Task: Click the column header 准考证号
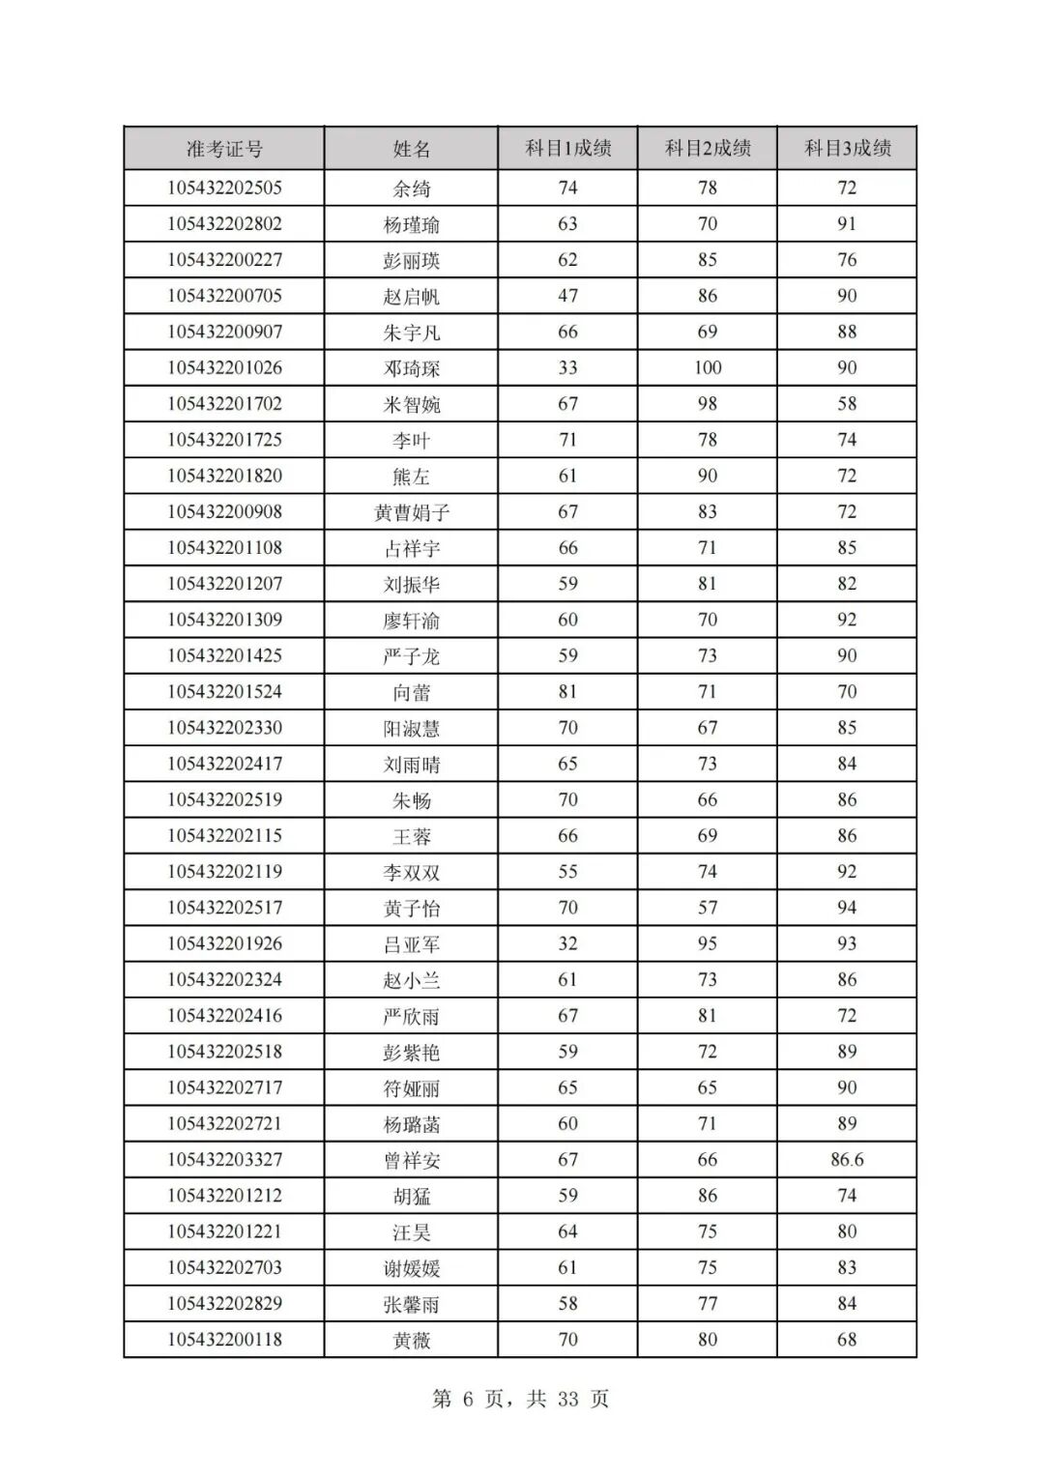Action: click(x=224, y=149)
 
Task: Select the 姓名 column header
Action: click(x=412, y=149)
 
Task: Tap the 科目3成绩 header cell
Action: click(x=848, y=148)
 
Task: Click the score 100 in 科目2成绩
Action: click(x=708, y=367)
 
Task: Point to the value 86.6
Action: click(x=847, y=1159)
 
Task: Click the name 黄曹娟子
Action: click(x=412, y=512)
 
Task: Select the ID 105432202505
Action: click(x=224, y=188)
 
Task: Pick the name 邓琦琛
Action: click(x=412, y=368)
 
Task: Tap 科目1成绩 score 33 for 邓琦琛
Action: click(x=567, y=367)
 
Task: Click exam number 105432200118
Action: click(x=224, y=1339)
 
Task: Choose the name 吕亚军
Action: click(x=412, y=944)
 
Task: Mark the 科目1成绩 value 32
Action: click(x=567, y=943)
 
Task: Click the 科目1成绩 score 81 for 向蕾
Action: click(x=567, y=691)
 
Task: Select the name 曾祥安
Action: click(x=412, y=1160)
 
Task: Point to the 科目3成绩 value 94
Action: click(x=847, y=907)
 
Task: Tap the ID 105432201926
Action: click(x=224, y=943)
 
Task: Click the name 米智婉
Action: click(x=412, y=404)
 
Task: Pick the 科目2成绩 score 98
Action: click(x=708, y=403)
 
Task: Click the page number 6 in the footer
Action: click(x=469, y=1399)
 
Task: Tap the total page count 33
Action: click(x=567, y=1399)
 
